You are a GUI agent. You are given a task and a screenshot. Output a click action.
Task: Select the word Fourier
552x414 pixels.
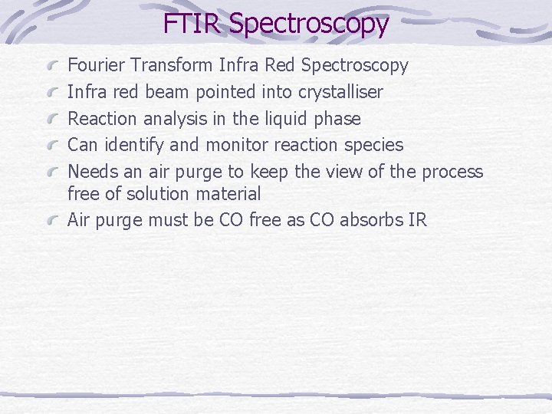pos(97,66)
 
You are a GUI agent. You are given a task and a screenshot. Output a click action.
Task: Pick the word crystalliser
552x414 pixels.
pos(340,93)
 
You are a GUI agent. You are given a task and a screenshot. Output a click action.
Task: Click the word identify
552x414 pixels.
pos(129,145)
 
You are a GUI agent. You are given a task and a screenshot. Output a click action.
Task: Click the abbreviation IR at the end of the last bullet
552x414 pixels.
pos(418,220)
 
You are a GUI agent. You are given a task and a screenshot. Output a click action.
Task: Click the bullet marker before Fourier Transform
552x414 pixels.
pos(53,67)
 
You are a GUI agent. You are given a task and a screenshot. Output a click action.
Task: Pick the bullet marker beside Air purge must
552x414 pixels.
pos(53,221)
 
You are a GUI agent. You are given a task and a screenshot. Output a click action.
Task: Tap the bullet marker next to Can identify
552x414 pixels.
pos(53,146)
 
